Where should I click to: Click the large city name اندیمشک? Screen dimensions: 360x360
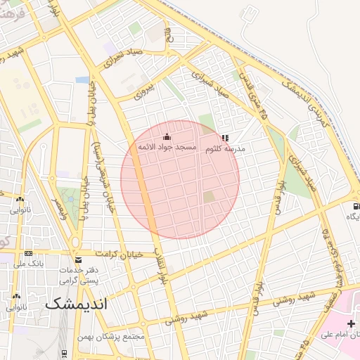point(75,305)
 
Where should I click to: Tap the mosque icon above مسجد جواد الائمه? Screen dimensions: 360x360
point(167,136)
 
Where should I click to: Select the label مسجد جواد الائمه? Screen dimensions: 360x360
point(166,147)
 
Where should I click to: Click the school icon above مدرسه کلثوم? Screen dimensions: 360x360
point(225,139)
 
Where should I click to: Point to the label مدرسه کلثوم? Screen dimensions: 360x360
point(224,150)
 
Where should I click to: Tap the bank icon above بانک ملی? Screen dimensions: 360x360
point(28,253)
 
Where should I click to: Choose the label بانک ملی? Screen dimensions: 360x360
point(28,264)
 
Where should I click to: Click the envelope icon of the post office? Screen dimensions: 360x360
point(77,259)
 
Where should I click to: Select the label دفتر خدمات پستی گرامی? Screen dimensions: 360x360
point(78,275)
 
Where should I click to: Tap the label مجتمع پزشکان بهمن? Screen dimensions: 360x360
point(112,336)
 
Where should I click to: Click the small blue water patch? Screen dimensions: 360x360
point(83,80)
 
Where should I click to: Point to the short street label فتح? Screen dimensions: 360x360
point(168,34)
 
